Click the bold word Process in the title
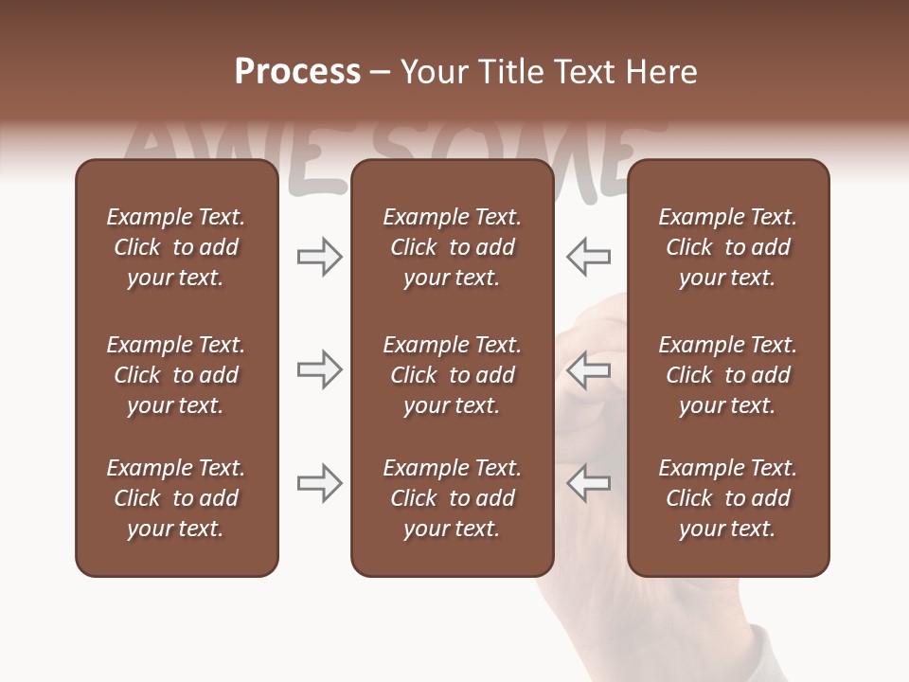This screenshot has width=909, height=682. coord(297,72)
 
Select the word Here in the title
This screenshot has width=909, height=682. coord(660,72)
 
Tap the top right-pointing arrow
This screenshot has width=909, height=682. coord(319,257)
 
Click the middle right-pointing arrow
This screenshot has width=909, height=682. coord(319,369)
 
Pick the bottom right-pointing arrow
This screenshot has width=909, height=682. coord(319,483)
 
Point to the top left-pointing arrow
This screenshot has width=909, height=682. coord(588,257)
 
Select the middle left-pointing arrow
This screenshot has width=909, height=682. coord(588,369)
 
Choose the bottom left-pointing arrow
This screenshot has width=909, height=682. coord(588,483)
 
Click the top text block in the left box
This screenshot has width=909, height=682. coord(176,247)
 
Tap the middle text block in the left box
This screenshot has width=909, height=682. coord(176,375)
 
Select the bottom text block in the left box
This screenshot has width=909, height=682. coord(176,498)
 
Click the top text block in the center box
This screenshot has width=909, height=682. coord(452,247)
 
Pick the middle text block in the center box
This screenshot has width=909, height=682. coord(452,375)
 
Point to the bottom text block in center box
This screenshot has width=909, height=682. coord(452,498)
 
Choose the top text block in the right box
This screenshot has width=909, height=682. coord(727,247)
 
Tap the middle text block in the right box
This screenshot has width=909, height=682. coord(727,375)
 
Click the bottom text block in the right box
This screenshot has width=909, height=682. coord(727,498)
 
